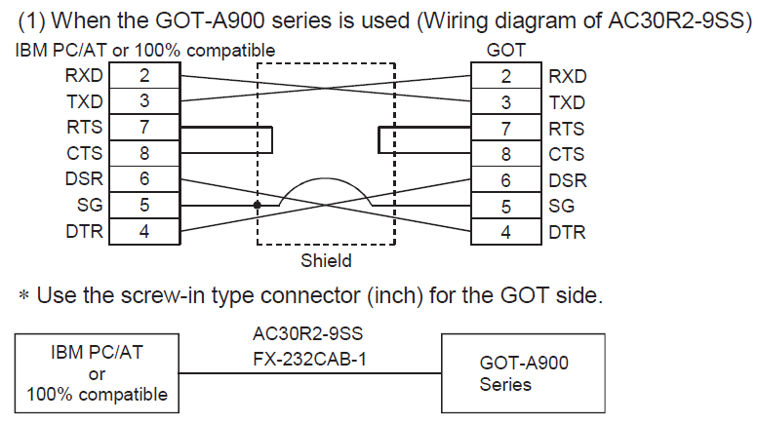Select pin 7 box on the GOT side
(505, 128)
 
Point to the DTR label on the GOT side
(567, 232)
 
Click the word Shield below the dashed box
(326, 260)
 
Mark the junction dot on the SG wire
(257, 206)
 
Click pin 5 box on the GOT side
(505, 206)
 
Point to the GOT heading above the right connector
(504, 50)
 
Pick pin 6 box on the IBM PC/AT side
(144, 179)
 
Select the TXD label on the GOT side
(567, 102)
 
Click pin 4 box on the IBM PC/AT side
(144, 232)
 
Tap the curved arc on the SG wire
(325, 179)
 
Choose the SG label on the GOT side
(562, 206)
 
